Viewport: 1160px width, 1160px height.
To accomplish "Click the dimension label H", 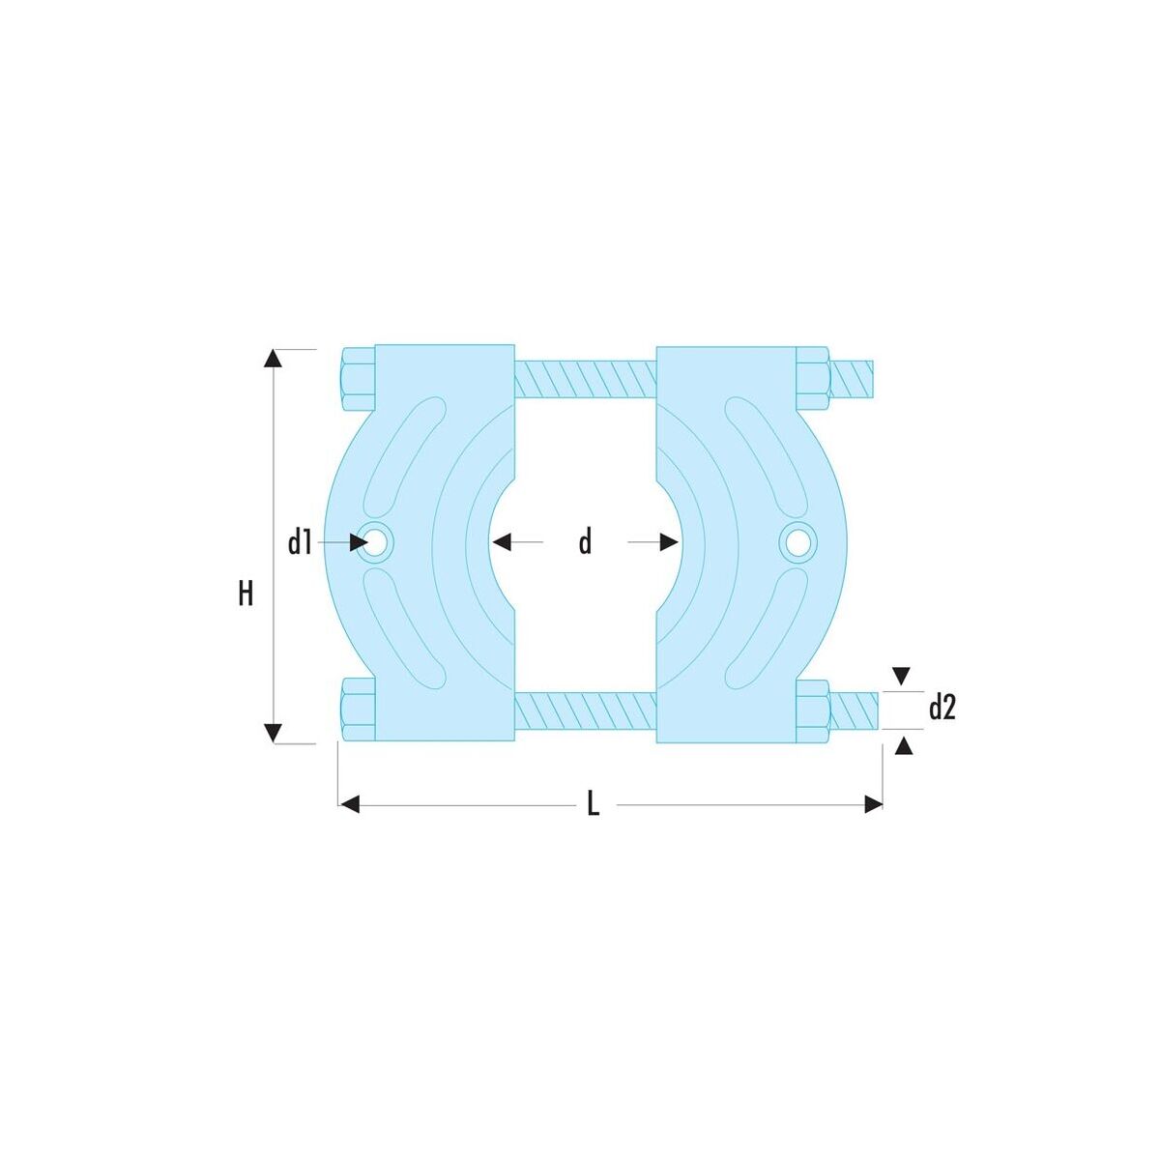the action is (246, 593).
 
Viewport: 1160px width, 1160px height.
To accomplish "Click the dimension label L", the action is (593, 803).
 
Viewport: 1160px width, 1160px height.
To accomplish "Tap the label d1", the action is (300, 542).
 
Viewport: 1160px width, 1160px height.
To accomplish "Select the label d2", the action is (942, 709).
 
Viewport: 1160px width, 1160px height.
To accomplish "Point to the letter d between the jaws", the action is (585, 541).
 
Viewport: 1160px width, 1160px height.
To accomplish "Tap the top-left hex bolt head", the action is (359, 379).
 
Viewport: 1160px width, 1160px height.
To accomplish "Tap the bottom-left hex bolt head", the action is (359, 710).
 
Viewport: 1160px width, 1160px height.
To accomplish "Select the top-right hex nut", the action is (814, 379).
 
